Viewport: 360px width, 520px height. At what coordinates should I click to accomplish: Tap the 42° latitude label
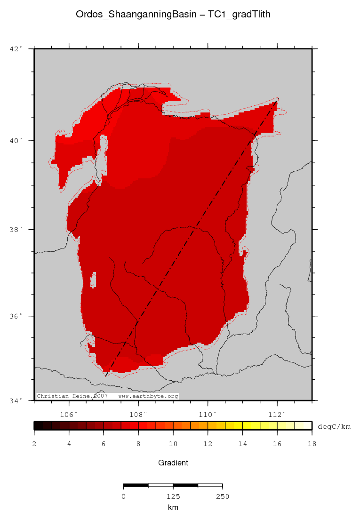[x=16, y=48]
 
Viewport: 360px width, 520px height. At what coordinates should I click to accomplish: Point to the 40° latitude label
[x=16, y=140]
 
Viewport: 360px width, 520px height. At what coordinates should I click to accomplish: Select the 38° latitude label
[x=16, y=230]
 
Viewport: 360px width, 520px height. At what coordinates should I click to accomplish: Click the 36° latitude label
[x=16, y=316]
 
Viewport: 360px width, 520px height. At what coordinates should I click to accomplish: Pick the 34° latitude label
[x=16, y=400]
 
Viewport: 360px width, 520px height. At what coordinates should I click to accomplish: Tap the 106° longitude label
[x=69, y=414]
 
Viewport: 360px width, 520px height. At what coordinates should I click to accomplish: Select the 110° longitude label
[x=208, y=414]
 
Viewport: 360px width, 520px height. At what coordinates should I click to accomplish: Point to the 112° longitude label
[x=277, y=414]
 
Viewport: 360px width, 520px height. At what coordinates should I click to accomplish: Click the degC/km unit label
[x=335, y=426]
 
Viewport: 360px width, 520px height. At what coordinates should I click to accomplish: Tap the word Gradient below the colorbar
[x=173, y=463]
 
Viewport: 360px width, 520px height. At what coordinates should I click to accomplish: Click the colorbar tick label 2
[x=34, y=444]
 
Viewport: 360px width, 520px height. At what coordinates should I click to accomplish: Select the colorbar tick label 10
[x=173, y=444]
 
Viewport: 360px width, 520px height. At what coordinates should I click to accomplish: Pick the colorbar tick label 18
[x=312, y=444]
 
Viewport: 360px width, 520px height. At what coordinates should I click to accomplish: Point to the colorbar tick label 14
[x=242, y=444]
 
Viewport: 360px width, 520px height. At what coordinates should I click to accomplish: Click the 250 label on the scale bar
[x=222, y=496]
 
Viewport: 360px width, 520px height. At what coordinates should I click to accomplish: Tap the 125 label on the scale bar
[x=173, y=496]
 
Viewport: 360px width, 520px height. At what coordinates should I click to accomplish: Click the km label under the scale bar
[x=173, y=507]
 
